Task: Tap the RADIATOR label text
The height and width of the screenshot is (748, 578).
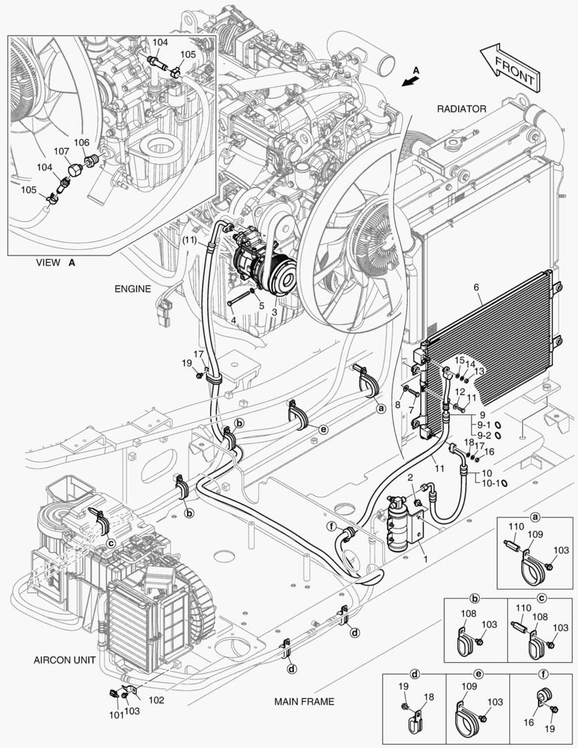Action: pos(461,109)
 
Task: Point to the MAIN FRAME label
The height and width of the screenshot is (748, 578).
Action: pos(304,702)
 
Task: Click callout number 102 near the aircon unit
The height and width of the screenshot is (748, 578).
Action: pos(156,700)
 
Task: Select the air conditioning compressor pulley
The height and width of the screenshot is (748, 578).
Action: pos(283,271)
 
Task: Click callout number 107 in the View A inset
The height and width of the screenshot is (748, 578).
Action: pos(61,151)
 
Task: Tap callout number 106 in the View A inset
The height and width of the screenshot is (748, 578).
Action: pos(82,143)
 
